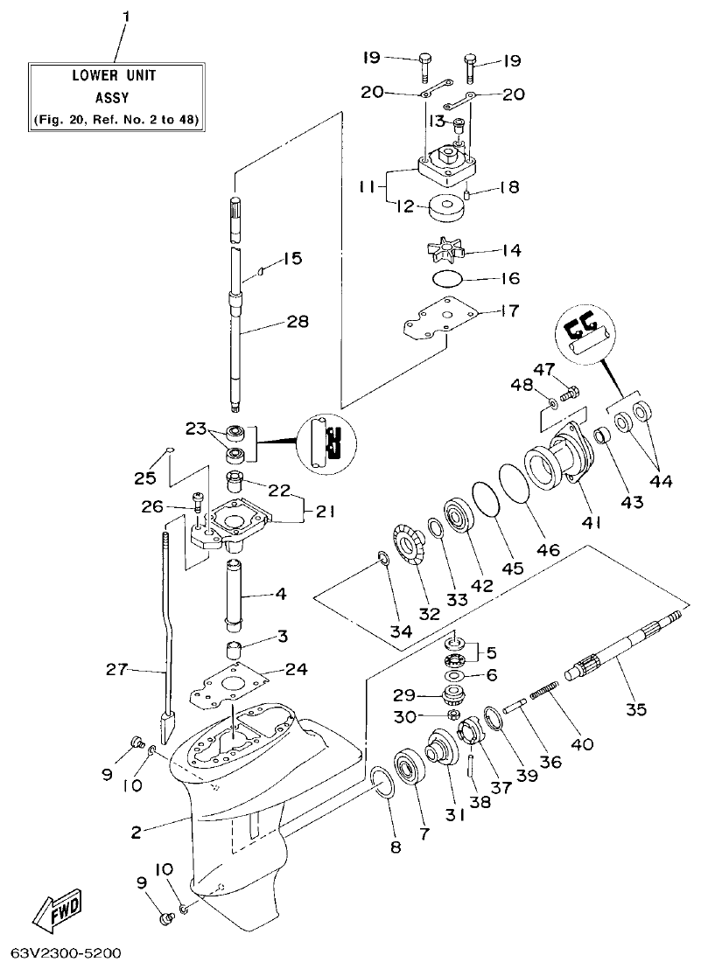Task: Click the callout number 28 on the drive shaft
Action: (x=298, y=323)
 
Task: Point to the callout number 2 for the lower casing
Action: (x=136, y=833)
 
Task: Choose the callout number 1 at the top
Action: (x=125, y=17)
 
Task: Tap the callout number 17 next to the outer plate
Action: (x=509, y=310)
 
